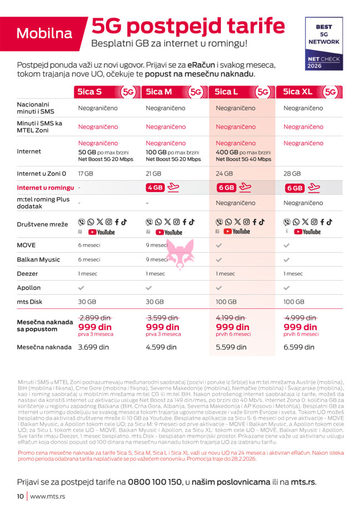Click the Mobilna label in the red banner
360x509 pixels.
pos(44,33)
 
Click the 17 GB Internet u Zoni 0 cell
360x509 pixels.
pos(85,173)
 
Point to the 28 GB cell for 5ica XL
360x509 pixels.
pos(292,173)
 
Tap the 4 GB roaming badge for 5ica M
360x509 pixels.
pos(155,188)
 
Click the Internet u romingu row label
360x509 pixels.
pos(45,188)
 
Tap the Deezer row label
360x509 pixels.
pos(28,274)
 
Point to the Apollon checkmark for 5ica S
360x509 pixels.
pos(82,288)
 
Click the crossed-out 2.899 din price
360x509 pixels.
pos(95,318)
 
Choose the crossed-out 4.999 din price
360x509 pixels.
pos(300,318)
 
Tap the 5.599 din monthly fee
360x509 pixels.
pos(231,347)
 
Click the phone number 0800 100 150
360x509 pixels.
pos(155,482)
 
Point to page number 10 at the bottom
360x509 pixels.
pos(20,496)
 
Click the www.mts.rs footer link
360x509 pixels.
pos(48,496)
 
